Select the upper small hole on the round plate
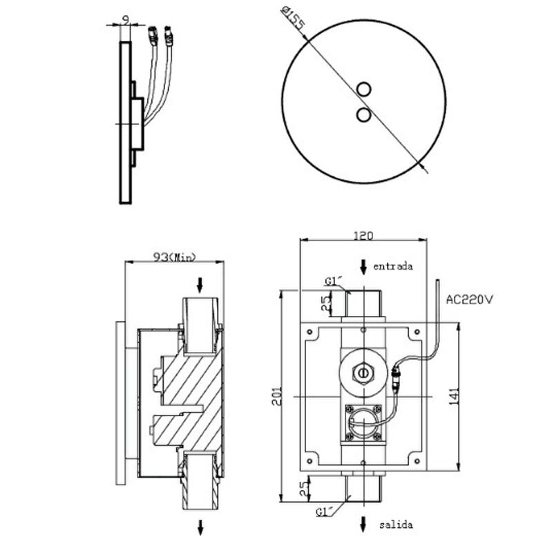[x=365, y=89]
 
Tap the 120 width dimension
[x=363, y=235]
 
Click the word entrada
[x=393, y=265]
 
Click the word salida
[x=395, y=525]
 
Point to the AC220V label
[x=469, y=299]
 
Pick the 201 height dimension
[x=276, y=397]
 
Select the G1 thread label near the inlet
[x=334, y=281]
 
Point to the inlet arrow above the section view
[x=201, y=283]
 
